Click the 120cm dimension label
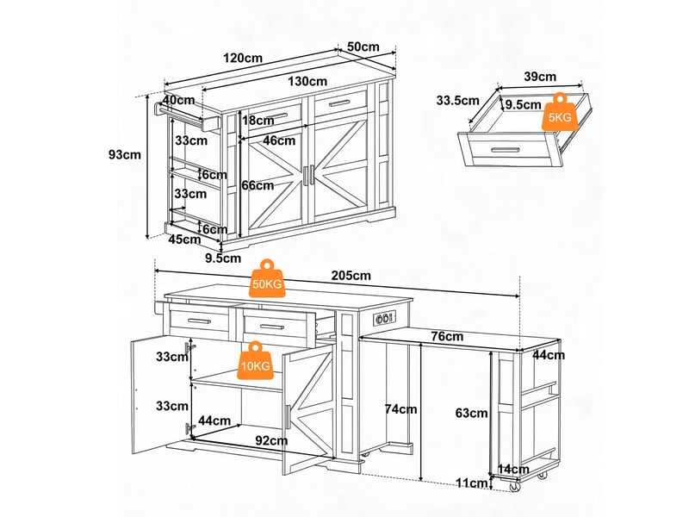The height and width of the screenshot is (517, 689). [243, 58]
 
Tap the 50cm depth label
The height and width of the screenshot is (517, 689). [363, 47]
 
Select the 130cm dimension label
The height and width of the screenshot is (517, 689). [307, 81]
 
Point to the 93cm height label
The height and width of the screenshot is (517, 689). [125, 155]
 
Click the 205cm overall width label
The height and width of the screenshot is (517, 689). [351, 276]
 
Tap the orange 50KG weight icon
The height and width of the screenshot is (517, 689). [267, 278]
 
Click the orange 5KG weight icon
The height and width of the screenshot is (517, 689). [560, 112]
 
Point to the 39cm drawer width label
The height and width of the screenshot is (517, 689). [540, 77]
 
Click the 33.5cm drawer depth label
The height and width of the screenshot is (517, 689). [458, 101]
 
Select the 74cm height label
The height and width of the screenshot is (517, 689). [400, 409]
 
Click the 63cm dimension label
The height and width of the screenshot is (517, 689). [471, 414]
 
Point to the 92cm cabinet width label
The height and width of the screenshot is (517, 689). [271, 440]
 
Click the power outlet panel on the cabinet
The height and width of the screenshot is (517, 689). [384, 318]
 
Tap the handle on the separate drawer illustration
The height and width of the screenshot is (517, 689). [506, 150]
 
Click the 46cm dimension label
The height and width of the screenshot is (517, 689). [279, 140]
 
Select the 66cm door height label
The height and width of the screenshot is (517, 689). [258, 185]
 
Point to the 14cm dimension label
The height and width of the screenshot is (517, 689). [512, 470]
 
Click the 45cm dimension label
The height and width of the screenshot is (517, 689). [184, 240]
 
